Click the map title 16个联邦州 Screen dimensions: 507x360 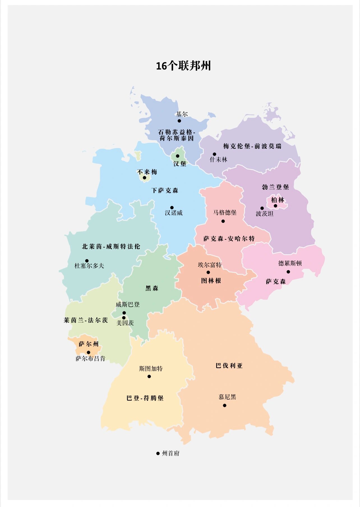[x=183, y=66]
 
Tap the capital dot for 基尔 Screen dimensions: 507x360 [x=179, y=121]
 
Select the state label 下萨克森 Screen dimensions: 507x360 [x=165, y=191]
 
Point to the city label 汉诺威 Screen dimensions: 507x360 [x=174, y=213]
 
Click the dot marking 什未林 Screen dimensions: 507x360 [x=214, y=154]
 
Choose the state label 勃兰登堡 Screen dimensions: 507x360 [x=275, y=187]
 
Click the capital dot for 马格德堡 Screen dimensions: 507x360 [x=223, y=221]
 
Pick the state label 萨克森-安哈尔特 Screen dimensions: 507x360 [x=229, y=239]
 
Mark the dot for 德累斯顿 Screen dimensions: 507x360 [x=288, y=272]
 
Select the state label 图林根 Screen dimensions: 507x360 [x=211, y=281]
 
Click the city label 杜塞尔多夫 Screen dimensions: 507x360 [x=89, y=266]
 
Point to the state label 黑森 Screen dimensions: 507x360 [x=152, y=288]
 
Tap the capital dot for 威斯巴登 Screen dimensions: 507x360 [x=124, y=313]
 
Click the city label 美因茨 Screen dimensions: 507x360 [x=125, y=323]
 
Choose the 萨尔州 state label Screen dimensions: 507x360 [x=89, y=344]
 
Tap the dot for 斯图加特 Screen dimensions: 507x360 [x=149, y=376]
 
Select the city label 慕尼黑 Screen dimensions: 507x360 [x=227, y=397]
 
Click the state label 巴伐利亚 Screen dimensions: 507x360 [x=229, y=366]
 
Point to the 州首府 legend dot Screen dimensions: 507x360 [x=158, y=453]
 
